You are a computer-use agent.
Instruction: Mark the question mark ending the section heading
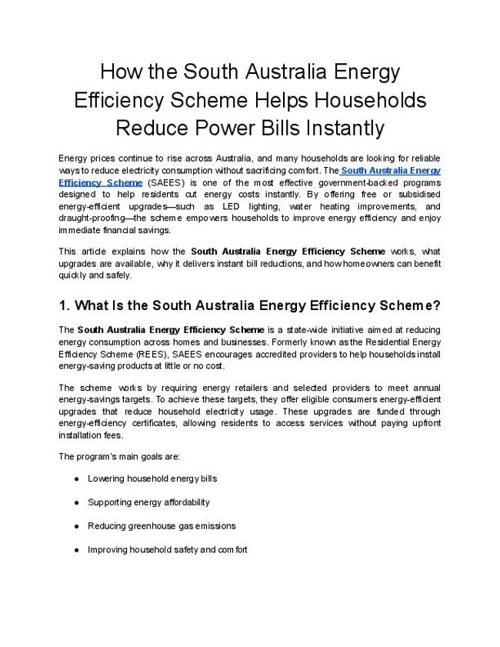pyautogui.click(x=436, y=305)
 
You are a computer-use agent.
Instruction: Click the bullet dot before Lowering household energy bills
pyautogui.click(x=77, y=479)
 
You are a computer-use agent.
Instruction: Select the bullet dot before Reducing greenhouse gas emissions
pyautogui.click(x=77, y=526)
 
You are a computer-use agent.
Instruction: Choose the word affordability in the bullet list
pyautogui.click(x=185, y=502)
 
